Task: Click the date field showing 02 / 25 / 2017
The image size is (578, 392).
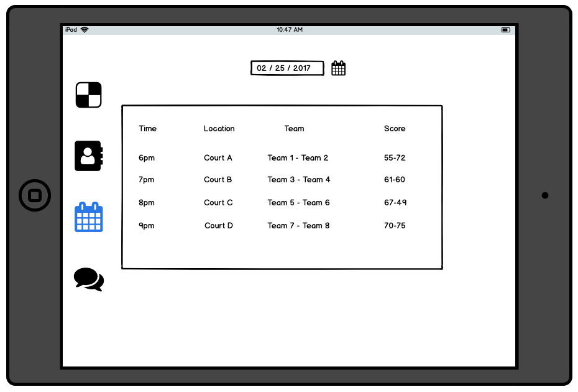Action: point(287,68)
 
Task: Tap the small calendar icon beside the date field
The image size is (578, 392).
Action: point(338,68)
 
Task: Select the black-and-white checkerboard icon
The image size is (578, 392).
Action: point(88,95)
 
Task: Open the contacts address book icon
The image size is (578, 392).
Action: point(88,156)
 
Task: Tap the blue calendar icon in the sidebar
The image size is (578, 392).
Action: point(89,217)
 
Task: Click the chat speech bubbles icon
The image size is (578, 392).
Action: point(89,279)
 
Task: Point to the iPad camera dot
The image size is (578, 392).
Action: point(545,195)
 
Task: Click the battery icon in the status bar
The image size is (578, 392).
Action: point(506,30)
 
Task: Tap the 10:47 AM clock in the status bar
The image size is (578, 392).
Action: point(290,30)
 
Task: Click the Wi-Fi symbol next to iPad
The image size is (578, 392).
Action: point(85,30)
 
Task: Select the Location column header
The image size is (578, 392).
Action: point(219,129)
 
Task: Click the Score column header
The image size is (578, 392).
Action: point(395,129)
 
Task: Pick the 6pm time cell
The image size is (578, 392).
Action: point(147,158)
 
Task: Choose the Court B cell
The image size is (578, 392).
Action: point(218,180)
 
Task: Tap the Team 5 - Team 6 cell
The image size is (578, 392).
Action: point(299,203)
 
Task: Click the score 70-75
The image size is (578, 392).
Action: point(395,226)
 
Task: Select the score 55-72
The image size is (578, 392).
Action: point(395,158)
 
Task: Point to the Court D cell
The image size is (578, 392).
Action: point(219,226)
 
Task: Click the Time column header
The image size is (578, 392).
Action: point(148,129)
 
